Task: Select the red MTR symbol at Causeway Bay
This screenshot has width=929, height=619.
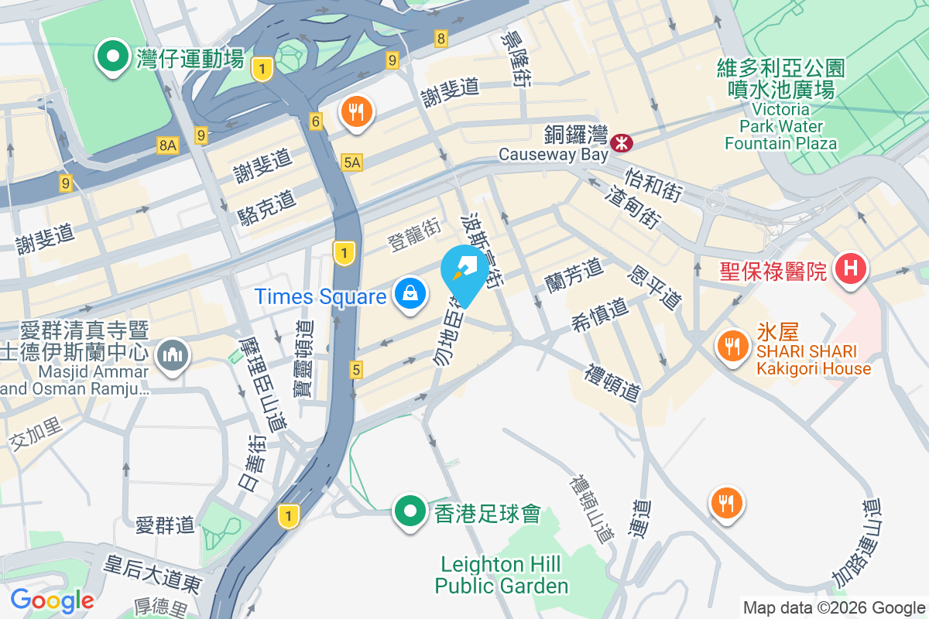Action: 621,142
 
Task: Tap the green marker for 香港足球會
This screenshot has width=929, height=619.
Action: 410,512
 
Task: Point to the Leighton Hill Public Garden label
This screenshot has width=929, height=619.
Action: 502,574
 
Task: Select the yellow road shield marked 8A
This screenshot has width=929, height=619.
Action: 168,145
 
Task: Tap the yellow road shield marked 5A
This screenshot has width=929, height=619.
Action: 351,162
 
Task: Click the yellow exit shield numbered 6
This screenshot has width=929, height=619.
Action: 315,121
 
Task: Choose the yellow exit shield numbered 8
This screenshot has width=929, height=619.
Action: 441,38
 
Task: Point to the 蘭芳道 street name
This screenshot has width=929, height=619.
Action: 574,275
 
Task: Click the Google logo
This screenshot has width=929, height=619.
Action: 52,600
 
